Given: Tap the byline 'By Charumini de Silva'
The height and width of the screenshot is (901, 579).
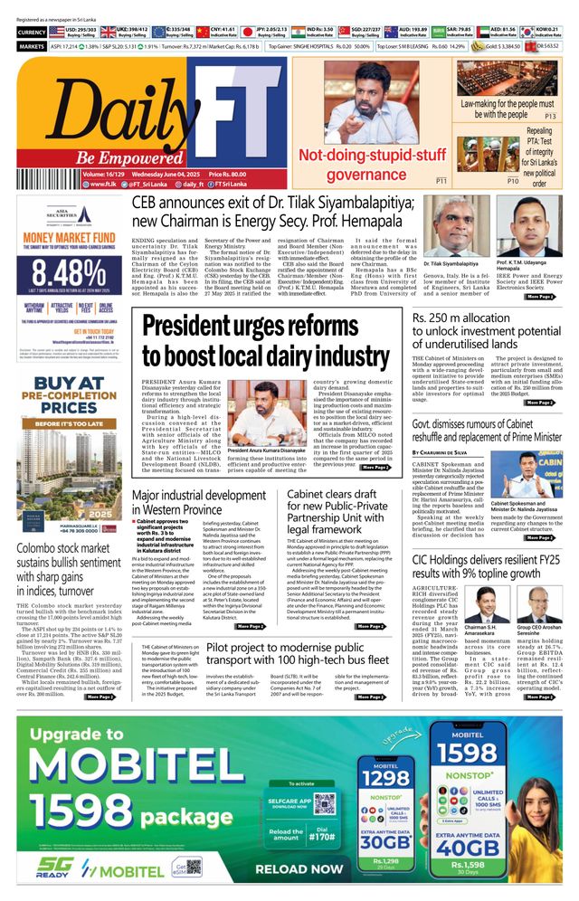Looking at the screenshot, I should [x=453, y=451].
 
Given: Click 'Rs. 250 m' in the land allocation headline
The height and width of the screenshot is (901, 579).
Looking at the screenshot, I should [x=444, y=318].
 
